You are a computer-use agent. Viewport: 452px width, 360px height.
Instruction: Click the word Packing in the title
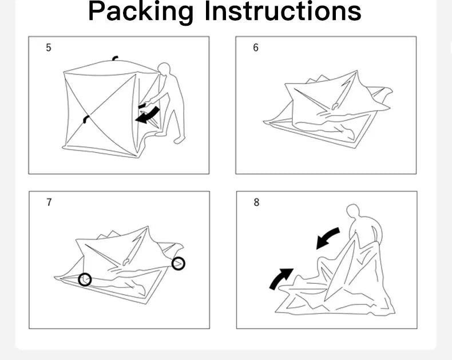[141, 11]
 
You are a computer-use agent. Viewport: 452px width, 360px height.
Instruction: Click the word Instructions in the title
[283, 11]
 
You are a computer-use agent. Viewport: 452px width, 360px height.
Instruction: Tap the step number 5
[49, 48]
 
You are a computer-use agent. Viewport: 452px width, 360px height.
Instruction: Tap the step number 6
[256, 48]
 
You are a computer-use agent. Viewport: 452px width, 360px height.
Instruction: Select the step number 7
[49, 202]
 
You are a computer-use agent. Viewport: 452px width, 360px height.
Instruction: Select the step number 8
[256, 202]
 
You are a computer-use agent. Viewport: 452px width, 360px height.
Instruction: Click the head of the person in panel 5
[164, 69]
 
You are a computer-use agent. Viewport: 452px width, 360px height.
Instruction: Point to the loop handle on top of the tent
[116, 58]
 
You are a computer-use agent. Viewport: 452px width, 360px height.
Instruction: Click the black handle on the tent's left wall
[85, 118]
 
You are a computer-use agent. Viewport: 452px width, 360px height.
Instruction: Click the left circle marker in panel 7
[85, 279]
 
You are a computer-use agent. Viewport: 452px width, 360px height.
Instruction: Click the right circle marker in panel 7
[178, 263]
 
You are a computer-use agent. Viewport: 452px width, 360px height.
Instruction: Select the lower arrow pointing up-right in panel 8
[281, 279]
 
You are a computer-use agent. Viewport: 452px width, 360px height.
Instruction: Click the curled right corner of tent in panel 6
[383, 93]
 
